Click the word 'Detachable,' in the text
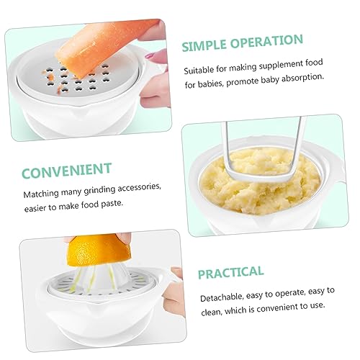coord(225,297)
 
